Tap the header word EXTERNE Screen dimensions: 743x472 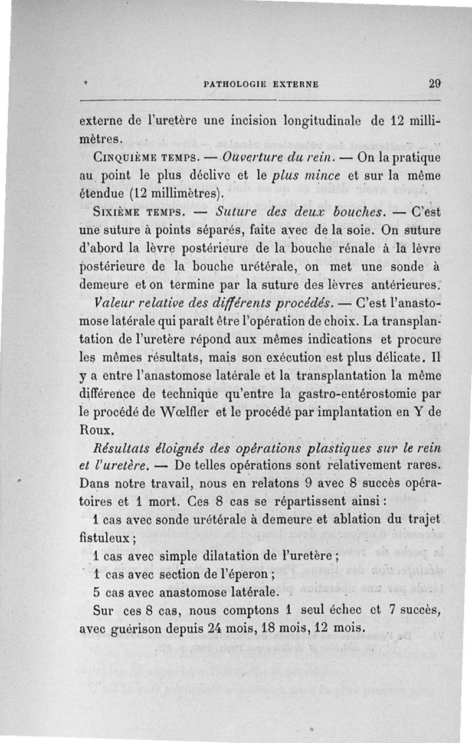[x=295, y=84]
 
